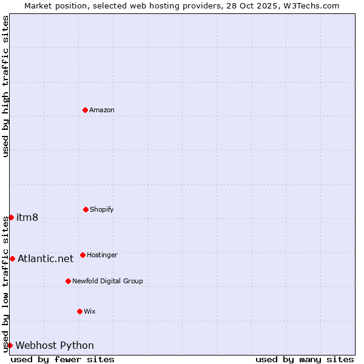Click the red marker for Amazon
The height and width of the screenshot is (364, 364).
click(85, 110)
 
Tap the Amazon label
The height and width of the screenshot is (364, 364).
click(101, 110)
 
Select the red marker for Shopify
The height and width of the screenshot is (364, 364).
click(86, 209)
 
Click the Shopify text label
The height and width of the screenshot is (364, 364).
click(101, 209)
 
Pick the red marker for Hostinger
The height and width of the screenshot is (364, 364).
click(83, 255)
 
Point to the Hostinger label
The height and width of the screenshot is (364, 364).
click(102, 255)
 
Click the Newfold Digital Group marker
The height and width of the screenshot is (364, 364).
click(68, 281)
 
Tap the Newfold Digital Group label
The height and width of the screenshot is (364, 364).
click(107, 281)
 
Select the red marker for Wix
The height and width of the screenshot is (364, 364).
click(79, 311)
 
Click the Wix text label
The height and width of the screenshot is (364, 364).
click(89, 311)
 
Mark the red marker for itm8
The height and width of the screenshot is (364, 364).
click(11, 217)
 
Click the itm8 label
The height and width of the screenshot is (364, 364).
click(27, 217)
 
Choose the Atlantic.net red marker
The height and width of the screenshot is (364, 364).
click(12, 258)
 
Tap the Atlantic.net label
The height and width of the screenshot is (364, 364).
click(45, 258)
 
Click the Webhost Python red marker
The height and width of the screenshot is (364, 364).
click(10, 345)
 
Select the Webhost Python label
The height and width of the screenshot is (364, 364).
click(55, 345)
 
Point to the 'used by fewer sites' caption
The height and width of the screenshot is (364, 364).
click(62, 359)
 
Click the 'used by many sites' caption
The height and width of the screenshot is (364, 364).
click(305, 359)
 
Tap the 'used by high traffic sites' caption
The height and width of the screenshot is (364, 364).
click(5, 86)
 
